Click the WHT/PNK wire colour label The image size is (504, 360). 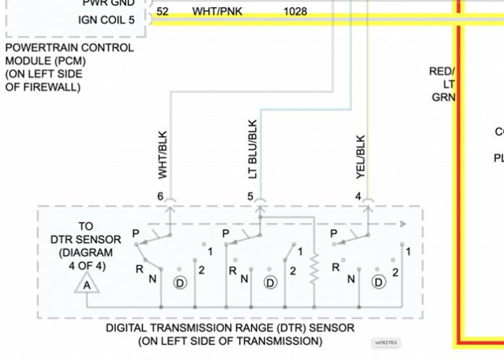[217, 12]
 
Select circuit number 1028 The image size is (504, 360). [295, 12]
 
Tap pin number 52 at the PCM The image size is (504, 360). [162, 12]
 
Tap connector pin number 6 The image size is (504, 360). [161, 196]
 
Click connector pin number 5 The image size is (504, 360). [251, 196]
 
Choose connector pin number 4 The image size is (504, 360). [358, 196]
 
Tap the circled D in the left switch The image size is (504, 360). [180, 282]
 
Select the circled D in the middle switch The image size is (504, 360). [270, 282]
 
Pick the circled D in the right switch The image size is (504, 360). [377, 282]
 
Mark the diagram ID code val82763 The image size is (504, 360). [389, 342]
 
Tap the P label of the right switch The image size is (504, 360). [332, 234]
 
